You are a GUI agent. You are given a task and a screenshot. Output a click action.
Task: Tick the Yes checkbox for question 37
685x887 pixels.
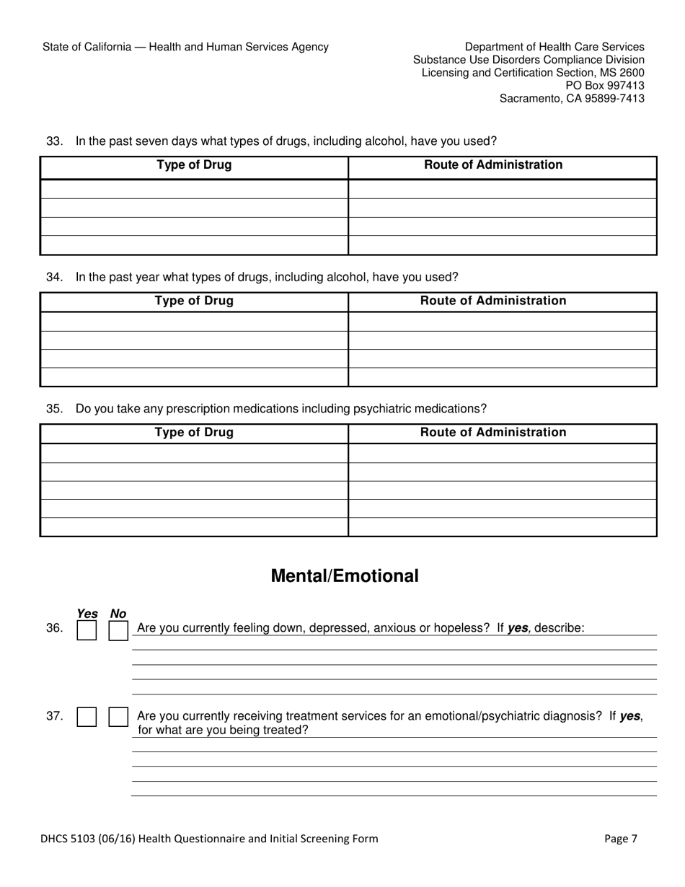coord(87,716)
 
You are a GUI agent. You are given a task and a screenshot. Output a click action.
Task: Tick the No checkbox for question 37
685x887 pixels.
coord(118,716)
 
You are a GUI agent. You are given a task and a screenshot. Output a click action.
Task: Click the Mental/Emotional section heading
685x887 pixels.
coord(344,576)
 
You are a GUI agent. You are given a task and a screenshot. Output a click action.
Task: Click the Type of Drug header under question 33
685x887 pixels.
coord(194,165)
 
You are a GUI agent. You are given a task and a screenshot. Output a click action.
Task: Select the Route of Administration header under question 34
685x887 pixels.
coord(493,301)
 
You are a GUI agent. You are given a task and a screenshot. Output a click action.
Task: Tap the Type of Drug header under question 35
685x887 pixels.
coord(194,433)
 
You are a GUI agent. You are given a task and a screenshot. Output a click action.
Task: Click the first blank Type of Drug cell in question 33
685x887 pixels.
coord(194,189)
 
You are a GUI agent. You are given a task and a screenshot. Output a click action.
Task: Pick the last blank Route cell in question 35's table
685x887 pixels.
coord(502,527)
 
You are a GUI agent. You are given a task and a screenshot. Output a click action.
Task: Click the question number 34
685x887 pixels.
coord(54,277)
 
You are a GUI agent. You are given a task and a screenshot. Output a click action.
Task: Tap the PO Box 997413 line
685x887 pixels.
coord(605,85)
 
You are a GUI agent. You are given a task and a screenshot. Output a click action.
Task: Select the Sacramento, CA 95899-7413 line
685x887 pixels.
coord(572,98)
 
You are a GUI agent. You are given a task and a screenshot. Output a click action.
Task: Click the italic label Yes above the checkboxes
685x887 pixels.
coord(87,614)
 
